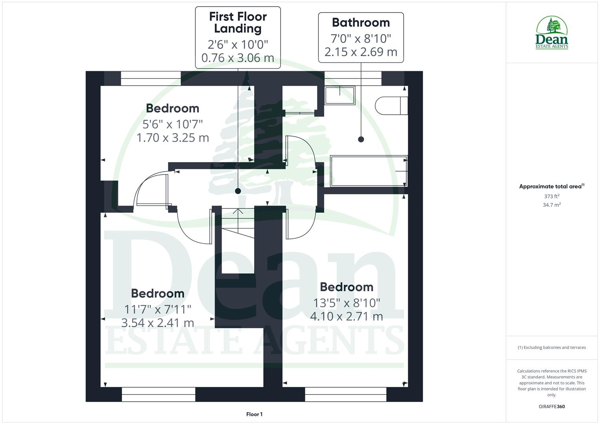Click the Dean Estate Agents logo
click(x=552, y=33)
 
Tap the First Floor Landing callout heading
click(x=238, y=22)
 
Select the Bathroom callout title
click(x=361, y=22)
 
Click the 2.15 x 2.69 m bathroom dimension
click(x=361, y=52)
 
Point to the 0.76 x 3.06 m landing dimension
click(x=238, y=58)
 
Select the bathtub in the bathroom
click(x=369, y=171)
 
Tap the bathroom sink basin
click(x=339, y=95)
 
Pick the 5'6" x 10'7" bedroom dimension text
click(x=172, y=124)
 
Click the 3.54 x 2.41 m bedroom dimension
click(x=158, y=323)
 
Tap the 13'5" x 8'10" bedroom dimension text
click(x=347, y=303)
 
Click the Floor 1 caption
click(x=254, y=414)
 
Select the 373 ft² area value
click(x=552, y=196)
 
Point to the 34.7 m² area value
click(x=552, y=205)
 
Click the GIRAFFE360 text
click(x=552, y=406)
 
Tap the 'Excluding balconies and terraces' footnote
click(x=552, y=347)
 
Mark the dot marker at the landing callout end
click(x=238, y=191)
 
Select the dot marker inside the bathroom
click(x=361, y=139)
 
